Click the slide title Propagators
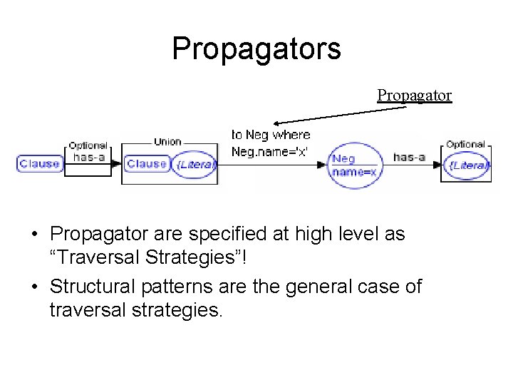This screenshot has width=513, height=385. coord(256,49)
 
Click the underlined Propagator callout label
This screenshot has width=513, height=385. coord(414,96)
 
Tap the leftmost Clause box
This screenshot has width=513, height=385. coord(40,164)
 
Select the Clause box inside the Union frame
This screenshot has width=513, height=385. coord(146,164)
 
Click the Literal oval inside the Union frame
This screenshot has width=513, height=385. coord(195,165)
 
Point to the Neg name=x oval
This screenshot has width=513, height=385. coord(353,166)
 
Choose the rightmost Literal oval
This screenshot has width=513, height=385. coord(467,166)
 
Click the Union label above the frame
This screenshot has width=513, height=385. coord(167,142)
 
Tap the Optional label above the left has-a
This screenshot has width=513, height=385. coord(88,145)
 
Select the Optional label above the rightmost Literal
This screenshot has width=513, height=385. coord(465,144)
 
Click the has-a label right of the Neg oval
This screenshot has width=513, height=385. coord(409,157)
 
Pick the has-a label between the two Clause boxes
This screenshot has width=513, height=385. coord(89,157)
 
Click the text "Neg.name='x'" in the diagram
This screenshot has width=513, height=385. coord(270,151)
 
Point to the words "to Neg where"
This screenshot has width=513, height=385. coord(271,135)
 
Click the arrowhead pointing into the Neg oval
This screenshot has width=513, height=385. coord(324,165)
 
